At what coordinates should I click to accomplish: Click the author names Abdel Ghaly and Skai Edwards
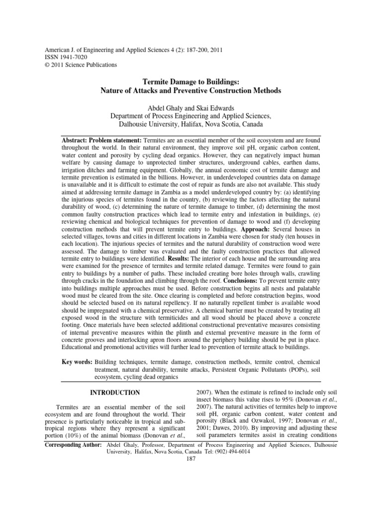pyautogui.click(x=191, y=108)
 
